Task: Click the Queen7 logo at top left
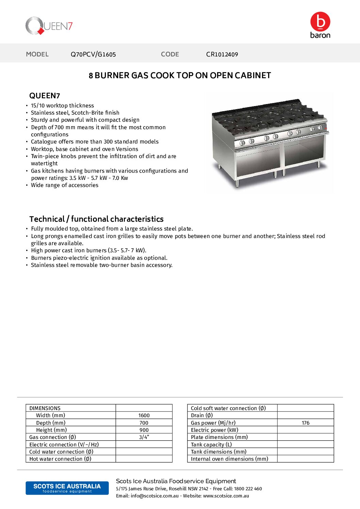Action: pyautogui.click(x=49, y=26)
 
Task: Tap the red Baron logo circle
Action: pyautogui.click(x=320, y=21)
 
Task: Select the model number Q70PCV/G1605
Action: pyautogui.click(x=93, y=54)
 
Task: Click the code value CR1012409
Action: pyautogui.click(x=222, y=54)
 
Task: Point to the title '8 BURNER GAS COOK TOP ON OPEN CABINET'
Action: pyautogui.click(x=180, y=75)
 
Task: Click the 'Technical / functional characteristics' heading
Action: pyautogui.click(x=96, y=219)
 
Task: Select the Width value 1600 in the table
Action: pyautogui.click(x=144, y=415)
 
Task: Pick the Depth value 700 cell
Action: pyautogui.click(x=144, y=423)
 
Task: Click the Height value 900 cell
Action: pyautogui.click(x=144, y=430)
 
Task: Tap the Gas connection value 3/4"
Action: pyautogui.click(x=144, y=437)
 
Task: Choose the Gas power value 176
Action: pyautogui.click(x=306, y=423)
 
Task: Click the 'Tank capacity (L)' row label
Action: pyautogui.click(x=211, y=445)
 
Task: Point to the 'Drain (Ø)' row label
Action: pyautogui.click(x=202, y=415)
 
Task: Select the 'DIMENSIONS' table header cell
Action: pyautogui.click(x=45, y=408)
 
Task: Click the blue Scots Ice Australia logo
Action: pyautogui.click(x=67, y=488)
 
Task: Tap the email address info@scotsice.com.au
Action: pyautogui.click(x=154, y=496)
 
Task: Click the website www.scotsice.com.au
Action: pyautogui.click(x=226, y=496)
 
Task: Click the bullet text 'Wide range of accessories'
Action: pyautogui.click(x=65, y=185)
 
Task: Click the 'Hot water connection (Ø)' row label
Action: pyautogui.click(x=60, y=459)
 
